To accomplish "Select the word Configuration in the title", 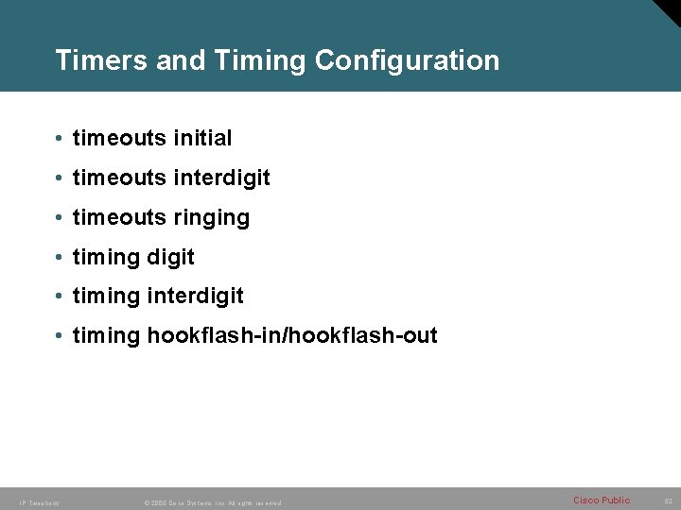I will click(x=407, y=60).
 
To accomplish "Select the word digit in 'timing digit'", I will click(x=170, y=257).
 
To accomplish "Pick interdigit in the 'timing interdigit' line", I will click(x=195, y=297).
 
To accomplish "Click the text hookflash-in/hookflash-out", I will click(x=292, y=335).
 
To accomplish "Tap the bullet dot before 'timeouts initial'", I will click(x=59, y=139).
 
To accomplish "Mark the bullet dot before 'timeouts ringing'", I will click(x=59, y=218).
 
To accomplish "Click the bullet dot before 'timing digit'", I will click(x=59, y=258).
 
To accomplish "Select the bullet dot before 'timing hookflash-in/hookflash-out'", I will click(x=59, y=336).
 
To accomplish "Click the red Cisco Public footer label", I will click(x=602, y=500).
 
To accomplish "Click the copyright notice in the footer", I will click(x=212, y=502).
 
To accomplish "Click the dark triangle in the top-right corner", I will click(x=666, y=13).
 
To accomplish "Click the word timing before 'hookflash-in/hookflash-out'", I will click(x=106, y=336).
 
